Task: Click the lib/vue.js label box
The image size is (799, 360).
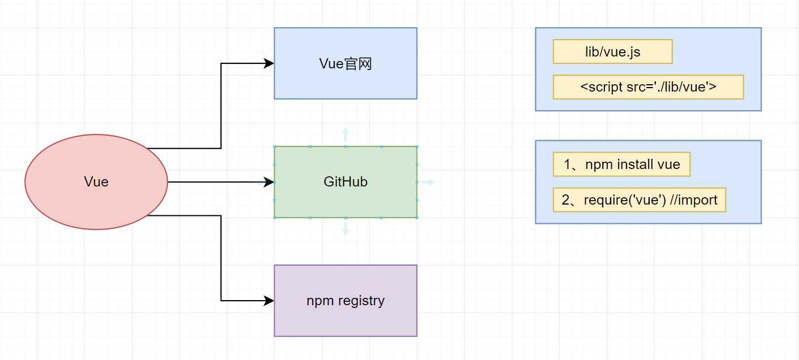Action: [612, 51]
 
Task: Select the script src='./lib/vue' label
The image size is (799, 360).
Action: [648, 87]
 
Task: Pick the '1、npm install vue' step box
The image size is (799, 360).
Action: [621, 164]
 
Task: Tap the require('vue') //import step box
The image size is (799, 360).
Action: [639, 200]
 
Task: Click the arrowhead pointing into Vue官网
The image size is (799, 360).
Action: [269, 63]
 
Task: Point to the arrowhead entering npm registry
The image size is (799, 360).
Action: [269, 301]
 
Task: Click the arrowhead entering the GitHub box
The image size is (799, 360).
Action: [269, 182]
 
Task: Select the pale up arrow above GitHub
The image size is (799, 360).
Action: [345, 134]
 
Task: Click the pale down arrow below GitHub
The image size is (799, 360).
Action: [345, 229]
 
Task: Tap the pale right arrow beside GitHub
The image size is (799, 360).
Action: [429, 182]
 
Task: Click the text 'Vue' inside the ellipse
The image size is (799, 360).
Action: [96, 182]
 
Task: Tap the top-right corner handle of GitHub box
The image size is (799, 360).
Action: [417, 146]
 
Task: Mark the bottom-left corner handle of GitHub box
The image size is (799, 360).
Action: [274, 218]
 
